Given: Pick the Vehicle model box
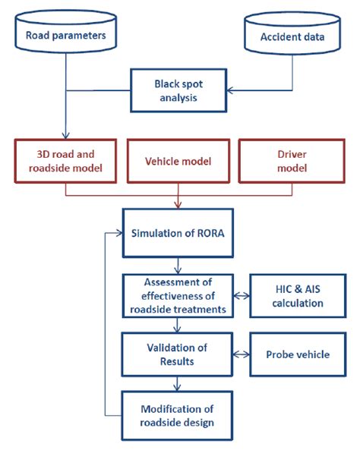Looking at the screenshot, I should point(178,161).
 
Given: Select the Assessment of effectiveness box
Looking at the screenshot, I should point(178,296).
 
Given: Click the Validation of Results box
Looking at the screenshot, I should point(178,354).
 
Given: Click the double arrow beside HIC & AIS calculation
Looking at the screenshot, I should point(241,296).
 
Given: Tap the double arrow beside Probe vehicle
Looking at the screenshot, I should point(241,354).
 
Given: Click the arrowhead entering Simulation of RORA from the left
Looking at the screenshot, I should point(119,233).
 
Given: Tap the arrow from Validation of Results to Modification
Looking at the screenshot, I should point(178,384).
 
